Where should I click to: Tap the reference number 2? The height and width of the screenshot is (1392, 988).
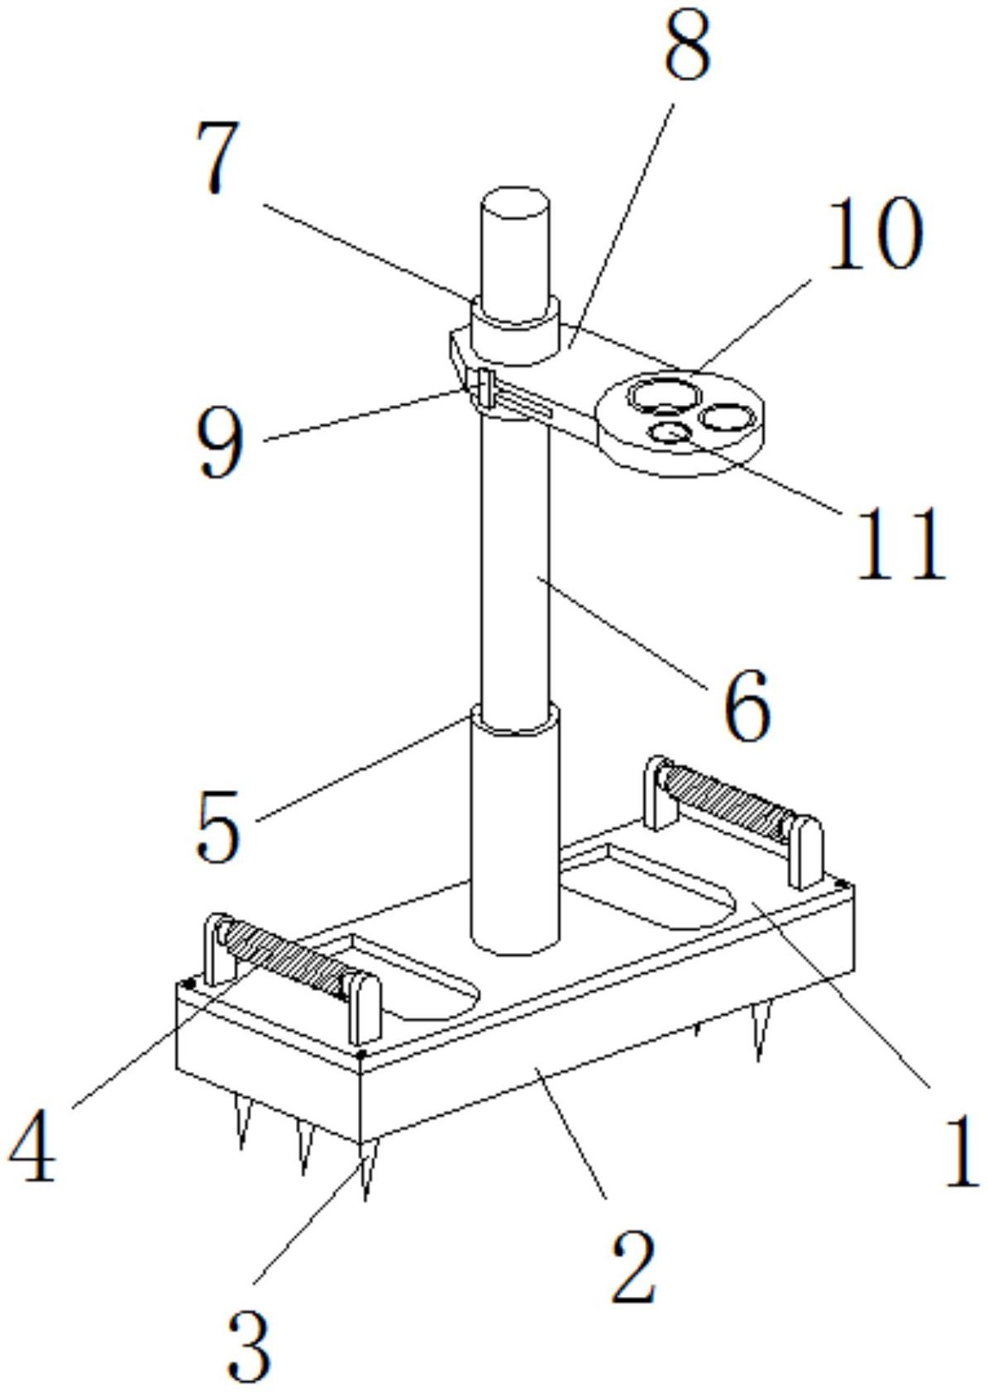point(634,1267)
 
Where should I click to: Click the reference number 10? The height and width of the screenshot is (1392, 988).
point(873,234)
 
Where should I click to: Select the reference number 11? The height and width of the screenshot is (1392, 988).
point(900,543)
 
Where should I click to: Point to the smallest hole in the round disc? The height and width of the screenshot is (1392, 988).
point(672,431)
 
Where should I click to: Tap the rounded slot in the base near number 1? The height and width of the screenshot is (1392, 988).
point(649,886)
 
